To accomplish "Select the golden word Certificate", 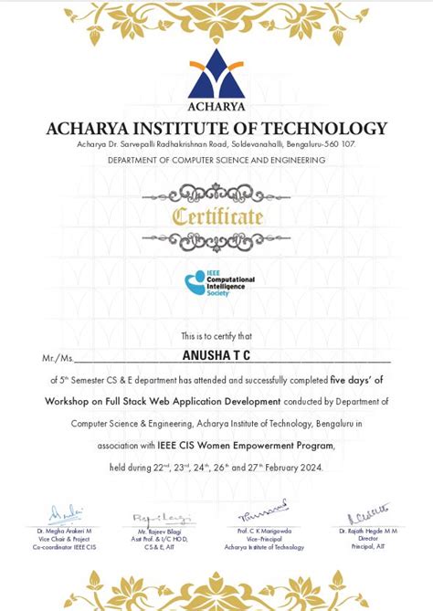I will click(x=217, y=217).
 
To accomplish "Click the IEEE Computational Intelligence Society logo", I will click(x=219, y=284).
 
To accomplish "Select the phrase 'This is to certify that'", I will click(x=216, y=336).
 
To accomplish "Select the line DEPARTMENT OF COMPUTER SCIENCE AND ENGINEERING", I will click(x=216, y=161).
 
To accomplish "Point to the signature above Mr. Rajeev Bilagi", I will click(x=153, y=518).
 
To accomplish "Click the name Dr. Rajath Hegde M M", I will click(x=368, y=532).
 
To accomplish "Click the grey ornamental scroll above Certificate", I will click(x=216, y=193).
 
